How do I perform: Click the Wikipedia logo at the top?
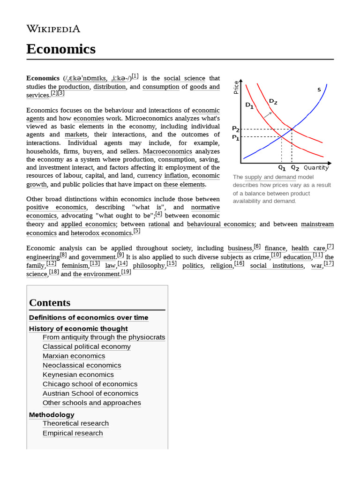[53, 29]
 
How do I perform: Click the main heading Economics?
[61, 49]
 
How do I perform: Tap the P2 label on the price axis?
[235, 128]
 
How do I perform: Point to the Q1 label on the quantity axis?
[282, 167]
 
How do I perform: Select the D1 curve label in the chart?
[249, 105]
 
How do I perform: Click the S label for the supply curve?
[319, 89]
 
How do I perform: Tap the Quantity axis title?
[316, 167]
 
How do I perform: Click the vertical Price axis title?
[236, 87]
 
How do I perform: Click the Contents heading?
[50, 302]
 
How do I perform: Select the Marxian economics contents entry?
[74, 356]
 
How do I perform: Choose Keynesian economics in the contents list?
[78, 375]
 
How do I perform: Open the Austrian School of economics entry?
[90, 393]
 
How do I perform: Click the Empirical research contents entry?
[73, 433]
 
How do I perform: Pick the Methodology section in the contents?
[52, 415]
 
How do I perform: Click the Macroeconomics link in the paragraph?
[167, 151]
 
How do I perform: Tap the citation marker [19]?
[126, 272]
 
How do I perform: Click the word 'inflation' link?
[176, 176]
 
